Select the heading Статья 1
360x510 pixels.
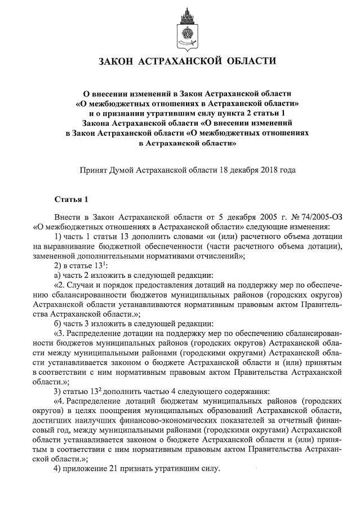coord(71,199)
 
